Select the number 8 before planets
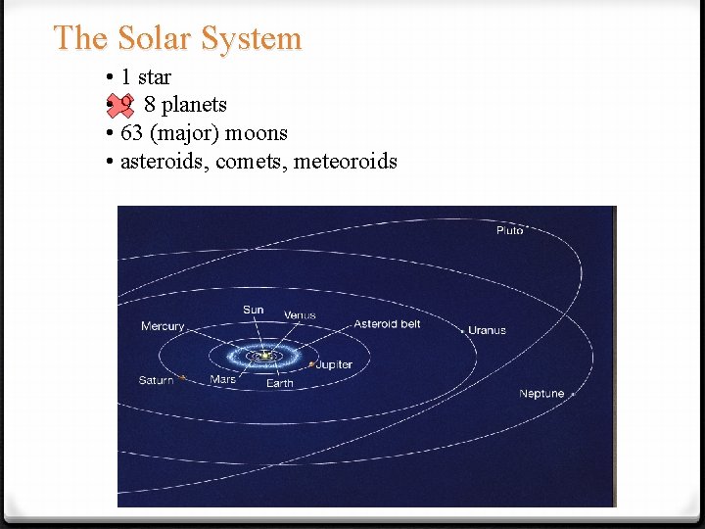[x=150, y=105]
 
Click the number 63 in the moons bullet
[x=131, y=132]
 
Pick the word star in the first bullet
[x=155, y=77]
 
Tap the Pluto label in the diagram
[x=510, y=230]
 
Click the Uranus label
[x=487, y=330]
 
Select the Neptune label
[x=541, y=394]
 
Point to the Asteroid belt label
[x=387, y=324]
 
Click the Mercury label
[x=163, y=326]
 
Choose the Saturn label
[x=156, y=380]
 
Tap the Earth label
[x=280, y=383]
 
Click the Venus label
[x=300, y=315]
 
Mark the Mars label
[x=223, y=379]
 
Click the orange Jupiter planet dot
[x=311, y=365]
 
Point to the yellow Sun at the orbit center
[x=262, y=356]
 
